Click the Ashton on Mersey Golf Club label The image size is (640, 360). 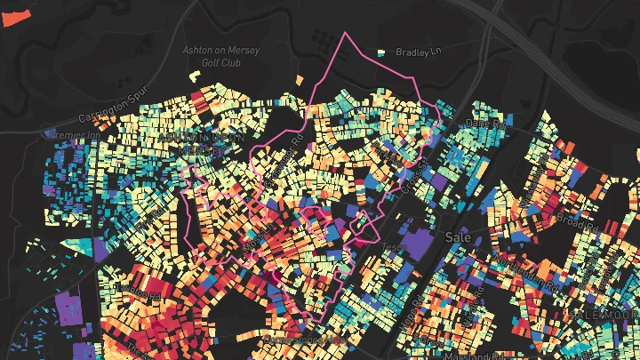[x=221, y=56]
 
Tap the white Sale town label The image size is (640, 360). [x=452, y=238]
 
